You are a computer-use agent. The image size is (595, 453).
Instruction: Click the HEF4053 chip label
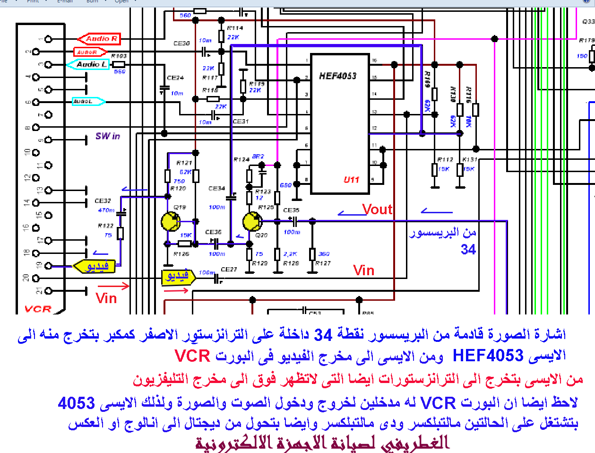pyautogui.click(x=337, y=76)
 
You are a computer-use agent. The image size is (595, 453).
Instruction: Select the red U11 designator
pyautogui.click(x=351, y=180)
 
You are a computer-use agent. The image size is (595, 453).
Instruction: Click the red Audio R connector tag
pyautogui.click(x=100, y=39)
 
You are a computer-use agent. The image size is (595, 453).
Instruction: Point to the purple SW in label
pyautogui.click(x=108, y=136)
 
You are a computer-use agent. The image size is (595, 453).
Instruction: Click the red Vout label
pyautogui.click(x=377, y=209)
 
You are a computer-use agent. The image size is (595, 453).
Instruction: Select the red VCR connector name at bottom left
pyautogui.click(x=38, y=309)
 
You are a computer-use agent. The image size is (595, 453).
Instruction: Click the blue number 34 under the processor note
pyautogui.click(x=468, y=249)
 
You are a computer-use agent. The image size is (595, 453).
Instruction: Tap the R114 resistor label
pyautogui.click(x=235, y=28)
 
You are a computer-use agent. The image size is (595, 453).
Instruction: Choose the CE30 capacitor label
pyautogui.click(x=181, y=44)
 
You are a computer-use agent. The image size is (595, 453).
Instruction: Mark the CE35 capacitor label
pyautogui.click(x=291, y=210)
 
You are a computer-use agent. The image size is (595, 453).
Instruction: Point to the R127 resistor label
pyautogui.click(x=323, y=263)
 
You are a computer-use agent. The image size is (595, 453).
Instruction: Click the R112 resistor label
pyautogui.click(x=445, y=160)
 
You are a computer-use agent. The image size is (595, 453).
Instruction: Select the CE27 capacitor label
pyautogui.click(x=229, y=270)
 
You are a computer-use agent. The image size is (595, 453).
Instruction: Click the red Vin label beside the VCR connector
pyautogui.click(x=106, y=298)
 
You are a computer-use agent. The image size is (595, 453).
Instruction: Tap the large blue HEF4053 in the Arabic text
pyautogui.click(x=488, y=355)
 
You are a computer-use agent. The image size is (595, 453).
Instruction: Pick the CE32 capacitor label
pyautogui.click(x=103, y=201)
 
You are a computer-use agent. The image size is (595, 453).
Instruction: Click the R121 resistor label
pyautogui.click(x=184, y=163)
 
